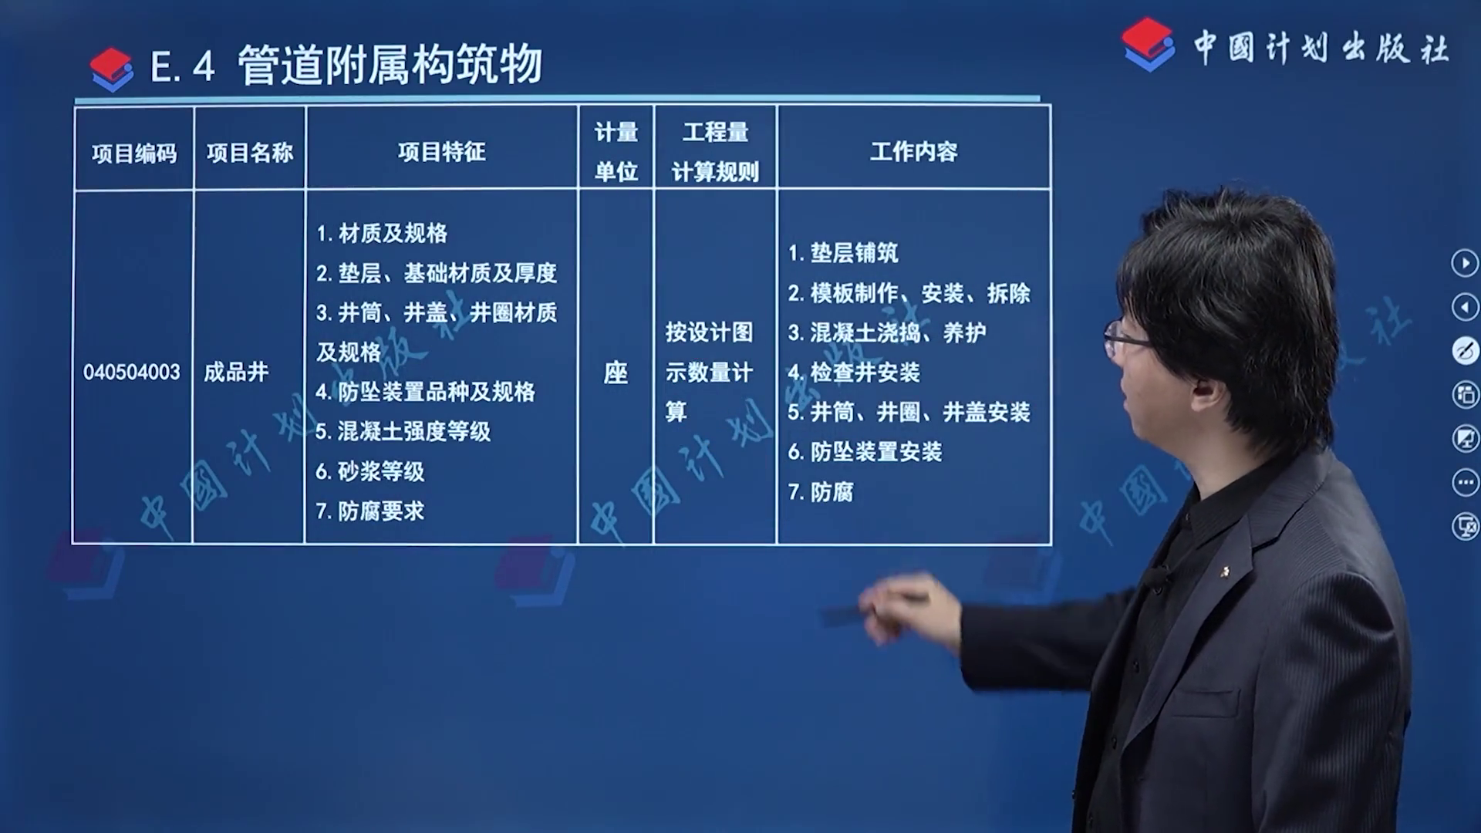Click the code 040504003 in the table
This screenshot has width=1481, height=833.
pos(131,373)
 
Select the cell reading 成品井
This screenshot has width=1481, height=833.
pos(236,373)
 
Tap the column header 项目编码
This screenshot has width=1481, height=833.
pos(134,153)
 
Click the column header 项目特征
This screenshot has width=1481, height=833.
pos(442,152)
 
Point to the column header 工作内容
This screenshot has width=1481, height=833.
pos(914,152)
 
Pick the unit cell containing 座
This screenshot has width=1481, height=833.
pos(616,373)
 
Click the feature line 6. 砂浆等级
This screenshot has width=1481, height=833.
pos(370,471)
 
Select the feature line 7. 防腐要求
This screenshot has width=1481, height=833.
pos(370,511)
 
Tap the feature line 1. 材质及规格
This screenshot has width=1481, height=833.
pos(382,233)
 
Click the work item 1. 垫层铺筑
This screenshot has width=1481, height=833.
pos(843,253)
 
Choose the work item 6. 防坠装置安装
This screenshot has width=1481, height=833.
pos(865,452)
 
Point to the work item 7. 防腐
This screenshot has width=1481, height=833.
pos(821,492)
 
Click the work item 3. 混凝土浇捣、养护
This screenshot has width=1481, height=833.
pos(887,333)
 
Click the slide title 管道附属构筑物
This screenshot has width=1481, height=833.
pos(390,65)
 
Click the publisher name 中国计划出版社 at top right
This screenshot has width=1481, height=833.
pos(1321,48)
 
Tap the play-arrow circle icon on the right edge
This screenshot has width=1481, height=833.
pos(1465,263)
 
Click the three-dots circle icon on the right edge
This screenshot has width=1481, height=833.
pos(1465,483)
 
